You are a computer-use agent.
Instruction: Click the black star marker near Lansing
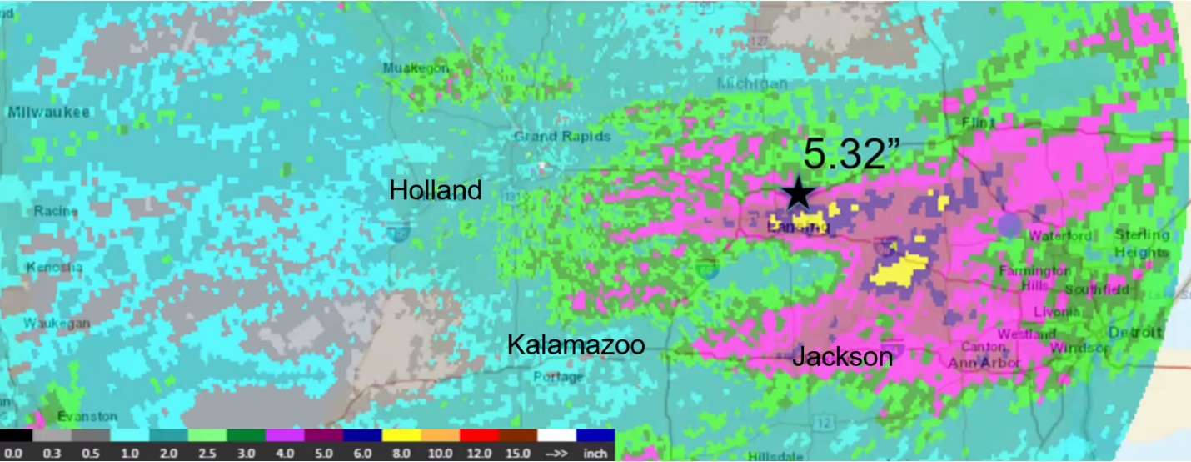pyautogui.click(x=799, y=193)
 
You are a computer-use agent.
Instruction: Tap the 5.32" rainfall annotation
pyautogui.click(x=855, y=155)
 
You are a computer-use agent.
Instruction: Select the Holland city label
pyautogui.click(x=436, y=190)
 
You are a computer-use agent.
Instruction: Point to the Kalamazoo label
pyautogui.click(x=576, y=344)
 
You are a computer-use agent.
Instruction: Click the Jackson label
pyautogui.click(x=842, y=357)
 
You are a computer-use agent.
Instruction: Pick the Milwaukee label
pyautogui.click(x=50, y=113)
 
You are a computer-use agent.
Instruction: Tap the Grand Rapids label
pyautogui.click(x=562, y=136)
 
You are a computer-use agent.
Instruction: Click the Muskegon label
pyautogui.click(x=416, y=68)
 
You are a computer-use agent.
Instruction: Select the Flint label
pyautogui.click(x=978, y=123)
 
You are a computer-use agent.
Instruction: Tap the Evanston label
pyautogui.click(x=87, y=416)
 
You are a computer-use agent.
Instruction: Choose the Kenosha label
pyautogui.click(x=55, y=268)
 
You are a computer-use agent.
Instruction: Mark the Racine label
pyautogui.click(x=56, y=212)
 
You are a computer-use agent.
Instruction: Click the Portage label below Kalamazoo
pyautogui.click(x=558, y=377)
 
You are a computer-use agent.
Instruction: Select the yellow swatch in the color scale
pyautogui.click(x=401, y=435)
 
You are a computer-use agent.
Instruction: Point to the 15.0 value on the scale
pyautogui.click(x=518, y=453)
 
